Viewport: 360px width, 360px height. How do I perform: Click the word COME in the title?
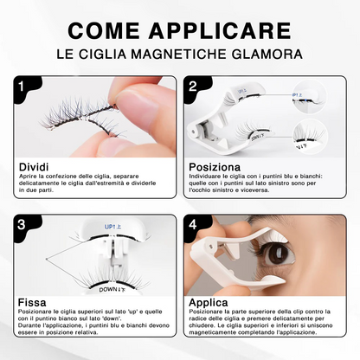[x=104, y=30]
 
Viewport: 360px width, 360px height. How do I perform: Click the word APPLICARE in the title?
[x=220, y=30]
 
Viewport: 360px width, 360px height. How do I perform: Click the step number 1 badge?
[x=22, y=87]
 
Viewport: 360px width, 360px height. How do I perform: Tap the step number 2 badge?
[x=193, y=87]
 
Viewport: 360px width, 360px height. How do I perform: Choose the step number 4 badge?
[x=193, y=225]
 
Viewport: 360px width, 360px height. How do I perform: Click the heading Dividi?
[x=34, y=167]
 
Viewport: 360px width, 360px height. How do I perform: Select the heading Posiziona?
[x=215, y=167]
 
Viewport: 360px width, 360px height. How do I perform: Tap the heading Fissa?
[x=32, y=303]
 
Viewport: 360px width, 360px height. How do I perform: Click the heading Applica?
[x=209, y=303]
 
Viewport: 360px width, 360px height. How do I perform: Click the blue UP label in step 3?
[x=112, y=227]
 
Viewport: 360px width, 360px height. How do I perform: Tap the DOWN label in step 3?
[x=112, y=289]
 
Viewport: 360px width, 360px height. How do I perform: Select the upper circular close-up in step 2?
[x=310, y=97]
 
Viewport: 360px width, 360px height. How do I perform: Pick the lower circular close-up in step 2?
[x=310, y=136]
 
